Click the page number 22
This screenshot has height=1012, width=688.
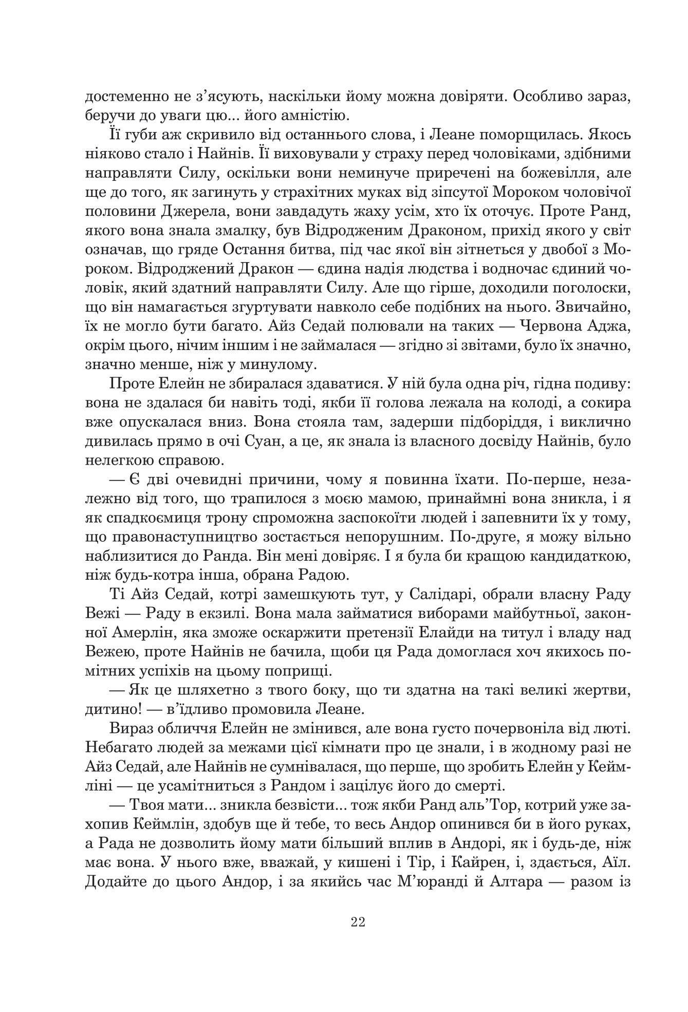point(358,922)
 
